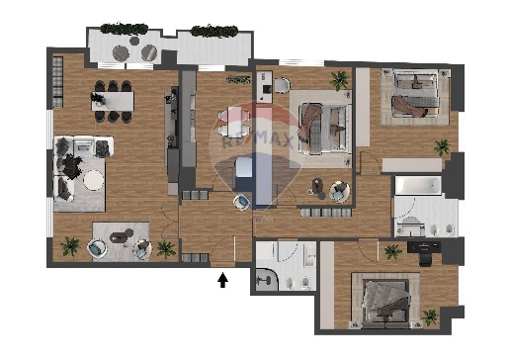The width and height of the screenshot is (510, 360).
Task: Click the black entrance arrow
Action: pos(223,280)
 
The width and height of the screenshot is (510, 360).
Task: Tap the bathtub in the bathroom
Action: pos(418,186)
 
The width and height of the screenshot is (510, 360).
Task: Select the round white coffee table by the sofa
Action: pos(93,180)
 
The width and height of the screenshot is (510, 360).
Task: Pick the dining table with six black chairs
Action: pos(113,101)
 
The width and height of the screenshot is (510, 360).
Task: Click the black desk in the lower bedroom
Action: pos(424,246)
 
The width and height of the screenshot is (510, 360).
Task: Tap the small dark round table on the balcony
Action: pos(134,41)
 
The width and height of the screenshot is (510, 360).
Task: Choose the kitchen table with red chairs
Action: pos(234,121)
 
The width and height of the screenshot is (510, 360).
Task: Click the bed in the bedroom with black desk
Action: pos(386,304)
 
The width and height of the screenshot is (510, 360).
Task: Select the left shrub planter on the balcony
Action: pos(124,29)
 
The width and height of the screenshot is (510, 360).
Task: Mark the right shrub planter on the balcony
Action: pos(214,31)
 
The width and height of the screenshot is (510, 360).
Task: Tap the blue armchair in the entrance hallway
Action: pos(241,202)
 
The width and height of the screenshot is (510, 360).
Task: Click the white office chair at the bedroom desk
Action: pos(282,84)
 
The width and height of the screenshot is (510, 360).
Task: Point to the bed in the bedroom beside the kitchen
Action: pos(323,129)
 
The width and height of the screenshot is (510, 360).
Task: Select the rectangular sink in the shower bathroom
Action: pos(310,255)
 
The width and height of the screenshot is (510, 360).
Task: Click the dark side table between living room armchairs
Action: pos(120,236)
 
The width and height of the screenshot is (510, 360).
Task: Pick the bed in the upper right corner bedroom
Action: pos(416,94)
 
